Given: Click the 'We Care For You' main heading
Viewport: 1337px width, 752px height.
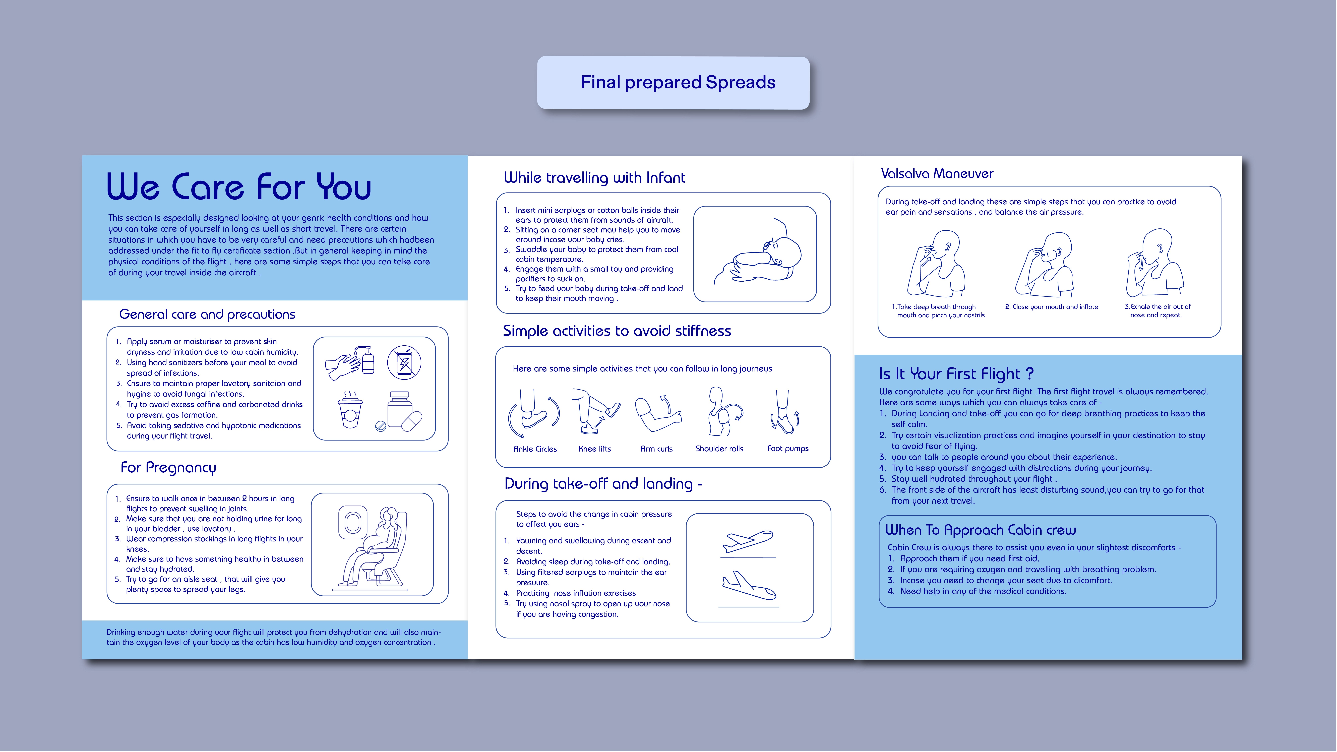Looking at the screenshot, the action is pos(239,187).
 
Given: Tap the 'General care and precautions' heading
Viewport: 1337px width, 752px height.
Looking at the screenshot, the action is pos(207,315).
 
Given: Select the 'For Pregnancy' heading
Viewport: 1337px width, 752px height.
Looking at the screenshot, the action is pos(168,468).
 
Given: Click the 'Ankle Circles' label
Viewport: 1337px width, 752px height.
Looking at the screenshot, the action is pos(535,449).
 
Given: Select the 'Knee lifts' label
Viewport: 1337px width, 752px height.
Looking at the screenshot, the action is pos(595,449).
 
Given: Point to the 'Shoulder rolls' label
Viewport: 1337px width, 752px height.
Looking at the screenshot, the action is pos(719,449).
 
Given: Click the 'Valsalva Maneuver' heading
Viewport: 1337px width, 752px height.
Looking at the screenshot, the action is pos(937,174).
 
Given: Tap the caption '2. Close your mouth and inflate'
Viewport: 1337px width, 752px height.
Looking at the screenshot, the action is pos(1052,307).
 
